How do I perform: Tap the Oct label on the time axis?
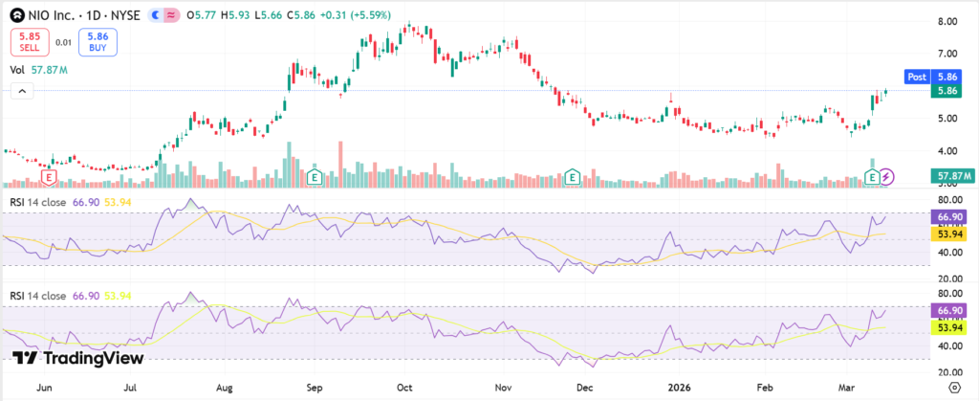click(x=404, y=389)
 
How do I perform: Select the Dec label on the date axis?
click(x=584, y=389)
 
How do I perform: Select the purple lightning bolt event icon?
click(x=887, y=176)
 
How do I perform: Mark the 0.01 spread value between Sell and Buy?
click(x=62, y=42)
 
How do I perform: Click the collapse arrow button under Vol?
click(x=22, y=91)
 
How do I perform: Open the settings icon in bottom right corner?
click(x=952, y=387)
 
